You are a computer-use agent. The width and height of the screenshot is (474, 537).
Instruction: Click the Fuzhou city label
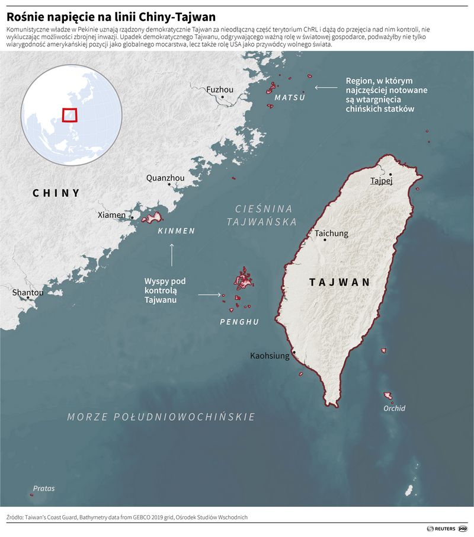click(x=220, y=89)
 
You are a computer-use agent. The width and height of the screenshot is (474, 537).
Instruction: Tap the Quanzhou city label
click(x=165, y=178)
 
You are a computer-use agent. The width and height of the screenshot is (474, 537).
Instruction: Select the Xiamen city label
click(x=111, y=215)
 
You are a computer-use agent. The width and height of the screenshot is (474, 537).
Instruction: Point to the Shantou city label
click(x=28, y=293)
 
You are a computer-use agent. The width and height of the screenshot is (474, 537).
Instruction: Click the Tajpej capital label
click(x=381, y=181)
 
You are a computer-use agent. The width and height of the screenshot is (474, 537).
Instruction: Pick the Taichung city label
click(x=331, y=234)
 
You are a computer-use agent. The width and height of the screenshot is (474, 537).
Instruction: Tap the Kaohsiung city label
click(x=270, y=356)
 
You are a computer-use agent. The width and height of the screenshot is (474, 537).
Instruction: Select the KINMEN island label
click(x=177, y=231)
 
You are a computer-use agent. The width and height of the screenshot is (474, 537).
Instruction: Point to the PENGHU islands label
click(x=239, y=322)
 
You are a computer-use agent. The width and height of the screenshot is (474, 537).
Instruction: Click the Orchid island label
click(x=394, y=408)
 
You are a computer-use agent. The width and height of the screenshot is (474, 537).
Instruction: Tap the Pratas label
click(x=44, y=488)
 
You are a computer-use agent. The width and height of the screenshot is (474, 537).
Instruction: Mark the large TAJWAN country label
click(x=340, y=283)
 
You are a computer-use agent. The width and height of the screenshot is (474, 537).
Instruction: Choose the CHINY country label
click(x=56, y=193)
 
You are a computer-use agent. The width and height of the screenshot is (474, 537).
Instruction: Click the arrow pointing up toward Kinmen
click(x=172, y=254)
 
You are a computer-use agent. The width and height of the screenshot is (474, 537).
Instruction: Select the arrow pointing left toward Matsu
click(x=324, y=88)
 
